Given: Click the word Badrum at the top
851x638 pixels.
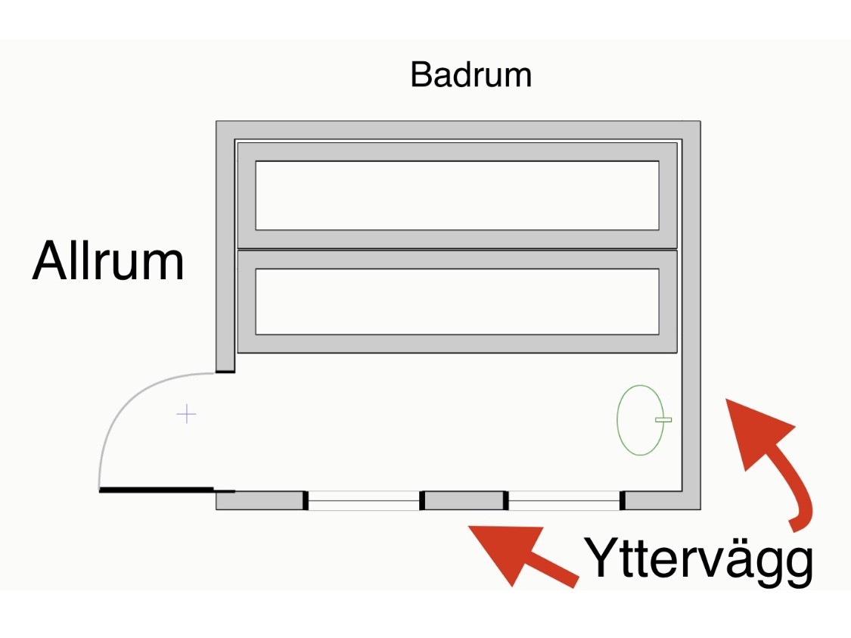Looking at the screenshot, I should (x=471, y=75).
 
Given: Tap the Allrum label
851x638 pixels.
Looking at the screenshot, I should (x=108, y=262).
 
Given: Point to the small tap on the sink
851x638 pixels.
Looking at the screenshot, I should (x=663, y=419).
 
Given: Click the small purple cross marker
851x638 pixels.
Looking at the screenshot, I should (x=186, y=414).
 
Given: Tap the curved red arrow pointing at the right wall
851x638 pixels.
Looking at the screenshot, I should (x=772, y=454).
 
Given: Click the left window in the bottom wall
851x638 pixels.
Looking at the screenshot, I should (x=363, y=500).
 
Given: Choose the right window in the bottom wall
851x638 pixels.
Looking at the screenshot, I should (x=564, y=500).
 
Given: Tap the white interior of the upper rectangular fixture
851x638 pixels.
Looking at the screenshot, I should (x=457, y=195).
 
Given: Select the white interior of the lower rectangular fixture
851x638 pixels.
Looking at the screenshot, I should (x=457, y=301).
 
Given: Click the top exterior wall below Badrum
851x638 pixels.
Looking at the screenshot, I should (x=457, y=129).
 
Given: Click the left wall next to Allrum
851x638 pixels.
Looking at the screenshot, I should (x=225, y=250).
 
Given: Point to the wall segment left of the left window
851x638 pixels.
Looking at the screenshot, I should (x=259, y=500).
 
